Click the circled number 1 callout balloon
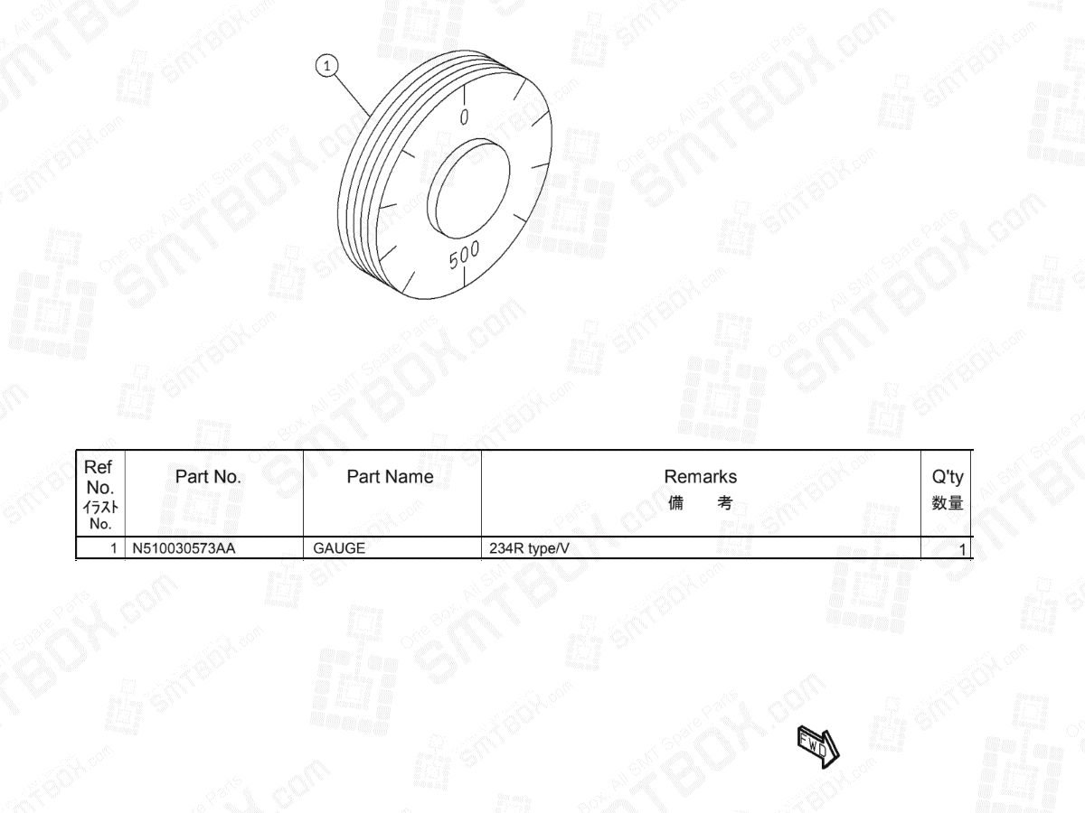(x=326, y=64)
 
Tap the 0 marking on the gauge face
(x=464, y=117)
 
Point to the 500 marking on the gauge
(x=465, y=256)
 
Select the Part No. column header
(x=208, y=477)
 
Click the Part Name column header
(x=390, y=477)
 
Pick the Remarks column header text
(x=700, y=476)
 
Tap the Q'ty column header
(x=948, y=478)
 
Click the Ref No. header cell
(x=98, y=477)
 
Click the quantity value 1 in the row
(x=962, y=549)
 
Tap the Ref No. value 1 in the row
(x=114, y=548)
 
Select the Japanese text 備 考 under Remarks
(x=700, y=503)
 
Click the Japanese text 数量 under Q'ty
(x=948, y=503)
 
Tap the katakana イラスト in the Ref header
(x=99, y=508)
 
